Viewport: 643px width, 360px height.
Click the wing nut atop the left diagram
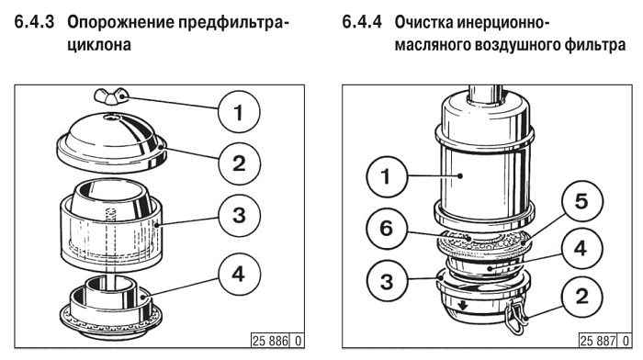111,96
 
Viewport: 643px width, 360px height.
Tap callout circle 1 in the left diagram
239,111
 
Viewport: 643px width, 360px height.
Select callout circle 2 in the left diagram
239,163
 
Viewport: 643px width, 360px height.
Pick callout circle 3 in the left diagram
239,215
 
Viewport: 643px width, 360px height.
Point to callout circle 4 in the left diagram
239,274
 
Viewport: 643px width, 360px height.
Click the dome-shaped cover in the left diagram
111,141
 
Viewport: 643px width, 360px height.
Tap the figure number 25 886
271,341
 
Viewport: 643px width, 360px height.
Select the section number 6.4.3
35,22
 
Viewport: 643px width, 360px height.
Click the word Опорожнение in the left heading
121,23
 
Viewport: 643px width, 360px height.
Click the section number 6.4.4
362,22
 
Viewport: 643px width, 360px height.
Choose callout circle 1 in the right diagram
387,176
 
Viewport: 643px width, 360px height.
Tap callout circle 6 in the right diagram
387,228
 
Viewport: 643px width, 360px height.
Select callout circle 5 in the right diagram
581,201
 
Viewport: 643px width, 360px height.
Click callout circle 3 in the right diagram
387,281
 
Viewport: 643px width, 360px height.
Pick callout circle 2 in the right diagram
581,296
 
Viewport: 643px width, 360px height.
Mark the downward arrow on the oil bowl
463,305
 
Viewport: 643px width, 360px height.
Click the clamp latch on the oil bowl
516,315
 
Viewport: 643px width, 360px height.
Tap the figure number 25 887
598,341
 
